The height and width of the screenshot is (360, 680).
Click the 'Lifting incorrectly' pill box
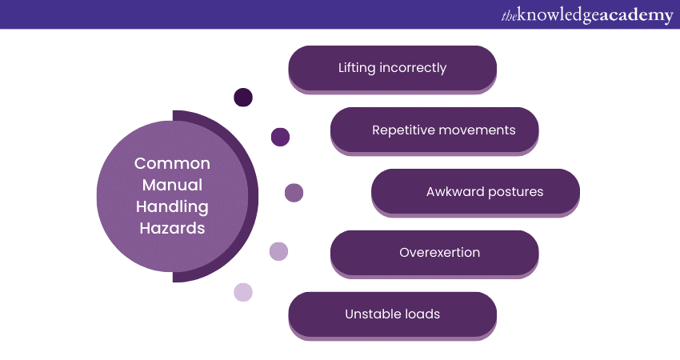click(392, 68)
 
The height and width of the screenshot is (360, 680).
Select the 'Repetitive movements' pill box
click(434, 130)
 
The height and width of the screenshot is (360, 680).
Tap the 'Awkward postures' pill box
click(475, 191)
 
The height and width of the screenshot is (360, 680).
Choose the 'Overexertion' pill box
click(434, 253)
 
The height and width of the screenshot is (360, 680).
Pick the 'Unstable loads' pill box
click(392, 314)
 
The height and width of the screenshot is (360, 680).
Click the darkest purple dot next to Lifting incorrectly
click(243, 98)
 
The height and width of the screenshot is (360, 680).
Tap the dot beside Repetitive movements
click(280, 137)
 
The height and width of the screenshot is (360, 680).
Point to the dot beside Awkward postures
click(294, 193)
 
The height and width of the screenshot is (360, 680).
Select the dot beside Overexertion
click(278, 251)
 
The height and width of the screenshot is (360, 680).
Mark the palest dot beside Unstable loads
click(243, 292)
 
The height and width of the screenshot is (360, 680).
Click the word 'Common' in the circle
click(172, 164)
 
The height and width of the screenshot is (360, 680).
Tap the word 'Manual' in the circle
click(172, 186)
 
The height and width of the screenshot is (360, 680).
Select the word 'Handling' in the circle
click(172, 207)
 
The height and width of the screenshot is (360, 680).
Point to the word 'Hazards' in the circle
click(172, 229)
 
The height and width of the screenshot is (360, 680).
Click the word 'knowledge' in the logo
click(560, 15)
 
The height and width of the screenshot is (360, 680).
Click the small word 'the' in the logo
click(509, 15)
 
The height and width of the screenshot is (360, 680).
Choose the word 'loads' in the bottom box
click(421, 314)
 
